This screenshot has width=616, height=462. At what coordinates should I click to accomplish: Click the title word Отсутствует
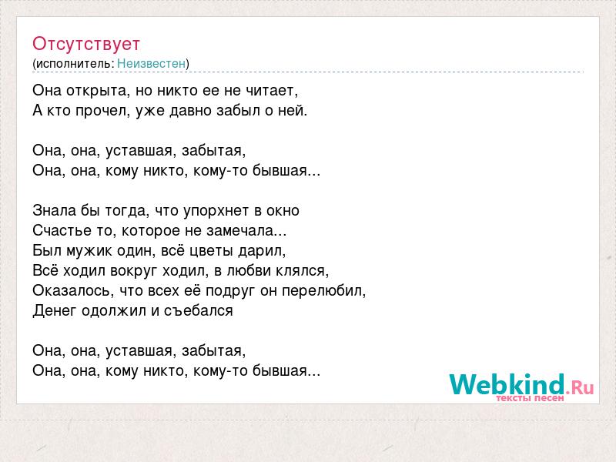click(x=86, y=44)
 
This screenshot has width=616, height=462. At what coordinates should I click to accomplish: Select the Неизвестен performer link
click(x=151, y=63)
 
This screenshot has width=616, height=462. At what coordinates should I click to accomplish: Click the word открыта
click(x=98, y=91)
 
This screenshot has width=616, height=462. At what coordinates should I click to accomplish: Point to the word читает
click(x=272, y=91)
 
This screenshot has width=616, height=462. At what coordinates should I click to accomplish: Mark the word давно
click(x=191, y=111)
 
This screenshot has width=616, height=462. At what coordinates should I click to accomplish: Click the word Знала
click(x=54, y=210)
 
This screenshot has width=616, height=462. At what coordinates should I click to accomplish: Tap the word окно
click(x=283, y=210)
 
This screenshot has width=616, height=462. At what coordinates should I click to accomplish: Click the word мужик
click(x=89, y=251)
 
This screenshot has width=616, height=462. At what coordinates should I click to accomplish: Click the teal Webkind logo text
click(x=507, y=384)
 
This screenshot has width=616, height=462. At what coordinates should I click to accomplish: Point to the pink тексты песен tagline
click(x=530, y=398)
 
